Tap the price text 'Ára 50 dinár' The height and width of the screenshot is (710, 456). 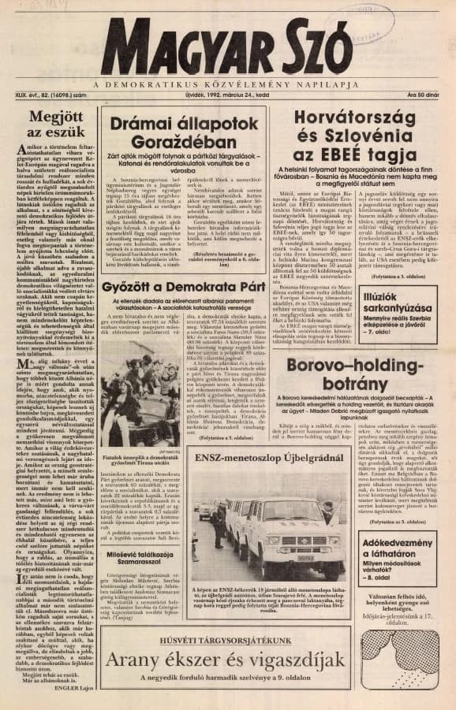pyautogui.click(x=423, y=95)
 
